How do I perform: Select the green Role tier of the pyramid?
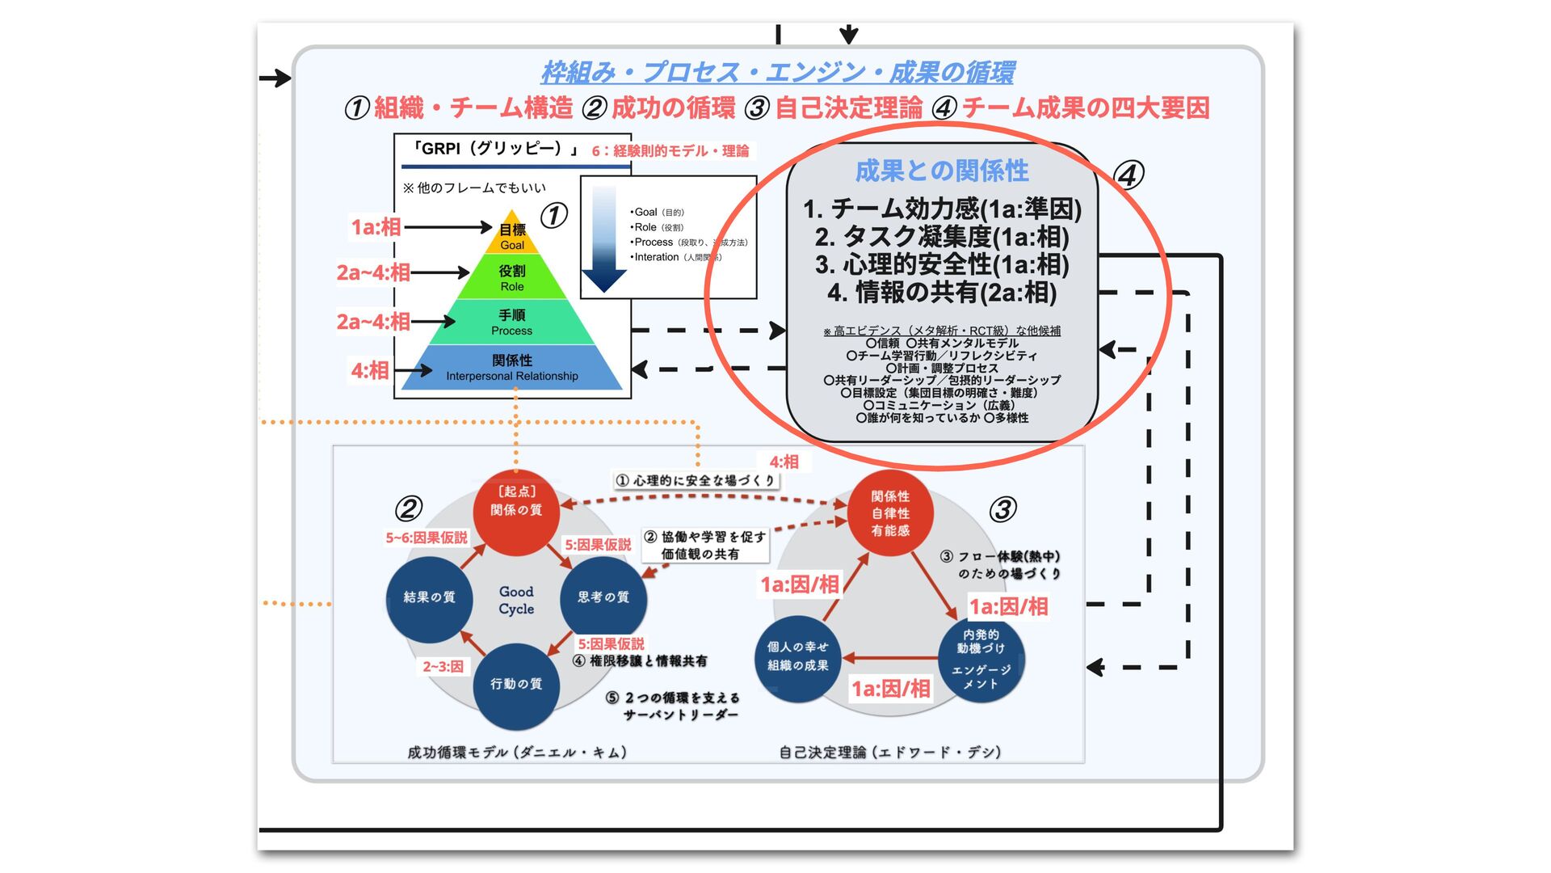(512, 277)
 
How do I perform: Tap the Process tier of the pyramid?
(512, 322)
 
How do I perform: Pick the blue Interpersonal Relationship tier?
(512, 367)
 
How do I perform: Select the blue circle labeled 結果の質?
(429, 597)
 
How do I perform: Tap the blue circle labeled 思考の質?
(603, 597)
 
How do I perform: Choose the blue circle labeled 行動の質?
(516, 685)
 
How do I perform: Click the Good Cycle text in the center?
(516, 600)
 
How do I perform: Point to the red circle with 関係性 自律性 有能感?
(890, 513)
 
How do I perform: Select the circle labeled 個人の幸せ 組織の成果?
(798, 656)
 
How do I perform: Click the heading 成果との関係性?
(942, 171)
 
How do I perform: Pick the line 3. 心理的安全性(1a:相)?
(942, 264)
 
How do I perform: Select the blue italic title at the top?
(777, 73)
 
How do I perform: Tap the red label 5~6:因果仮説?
(427, 538)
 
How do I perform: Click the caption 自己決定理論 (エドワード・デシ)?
(890, 752)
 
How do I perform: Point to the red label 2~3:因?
(443, 666)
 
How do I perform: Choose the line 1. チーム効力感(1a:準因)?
(942, 209)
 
